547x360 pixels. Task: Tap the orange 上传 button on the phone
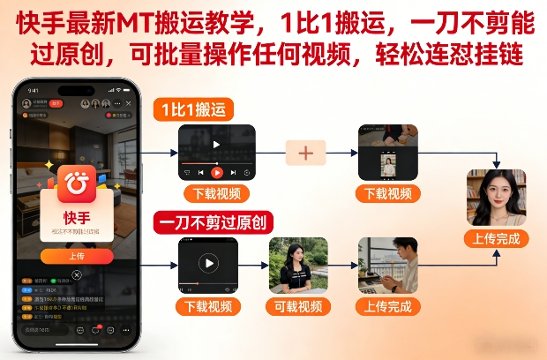(77, 256)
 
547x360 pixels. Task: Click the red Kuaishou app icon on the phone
(77, 184)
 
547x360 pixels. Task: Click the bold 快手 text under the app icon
(77, 217)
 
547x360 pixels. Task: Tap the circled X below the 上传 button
(77, 275)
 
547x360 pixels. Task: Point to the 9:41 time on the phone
(33, 90)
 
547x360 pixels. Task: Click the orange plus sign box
(306, 153)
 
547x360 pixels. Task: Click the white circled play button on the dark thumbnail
(208, 263)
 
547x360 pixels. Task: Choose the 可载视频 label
(298, 306)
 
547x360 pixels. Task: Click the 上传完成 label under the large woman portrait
(496, 238)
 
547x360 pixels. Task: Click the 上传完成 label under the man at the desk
(388, 306)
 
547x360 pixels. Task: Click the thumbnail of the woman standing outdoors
(298, 266)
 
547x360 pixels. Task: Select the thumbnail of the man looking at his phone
(388, 266)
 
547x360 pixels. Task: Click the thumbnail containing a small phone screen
(387, 153)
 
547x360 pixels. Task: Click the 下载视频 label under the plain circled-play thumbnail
(208, 306)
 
